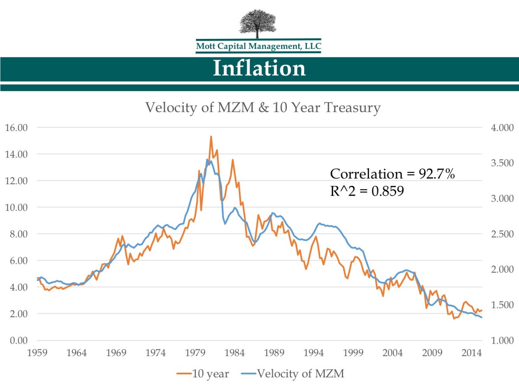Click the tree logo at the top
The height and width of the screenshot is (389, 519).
pyautogui.click(x=259, y=24)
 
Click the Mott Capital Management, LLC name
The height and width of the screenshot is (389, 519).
pyautogui.click(x=259, y=46)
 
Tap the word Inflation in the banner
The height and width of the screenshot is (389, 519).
pyautogui.click(x=259, y=69)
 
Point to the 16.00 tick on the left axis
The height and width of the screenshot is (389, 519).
pyautogui.click(x=16, y=128)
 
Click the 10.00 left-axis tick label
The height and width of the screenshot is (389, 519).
pyautogui.click(x=16, y=207)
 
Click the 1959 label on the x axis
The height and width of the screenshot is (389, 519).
pyautogui.click(x=37, y=352)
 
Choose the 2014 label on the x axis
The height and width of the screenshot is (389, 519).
pyautogui.click(x=471, y=352)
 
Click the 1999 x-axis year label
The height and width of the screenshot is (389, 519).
pyautogui.click(x=353, y=352)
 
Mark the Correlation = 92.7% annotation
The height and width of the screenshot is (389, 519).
pyautogui.click(x=392, y=174)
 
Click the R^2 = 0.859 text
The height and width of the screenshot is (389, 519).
pyautogui.click(x=367, y=191)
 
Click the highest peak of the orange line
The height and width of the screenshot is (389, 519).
pyautogui.click(x=211, y=137)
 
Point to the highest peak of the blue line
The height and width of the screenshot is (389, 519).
pyautogui.click(x=207, y=159)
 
